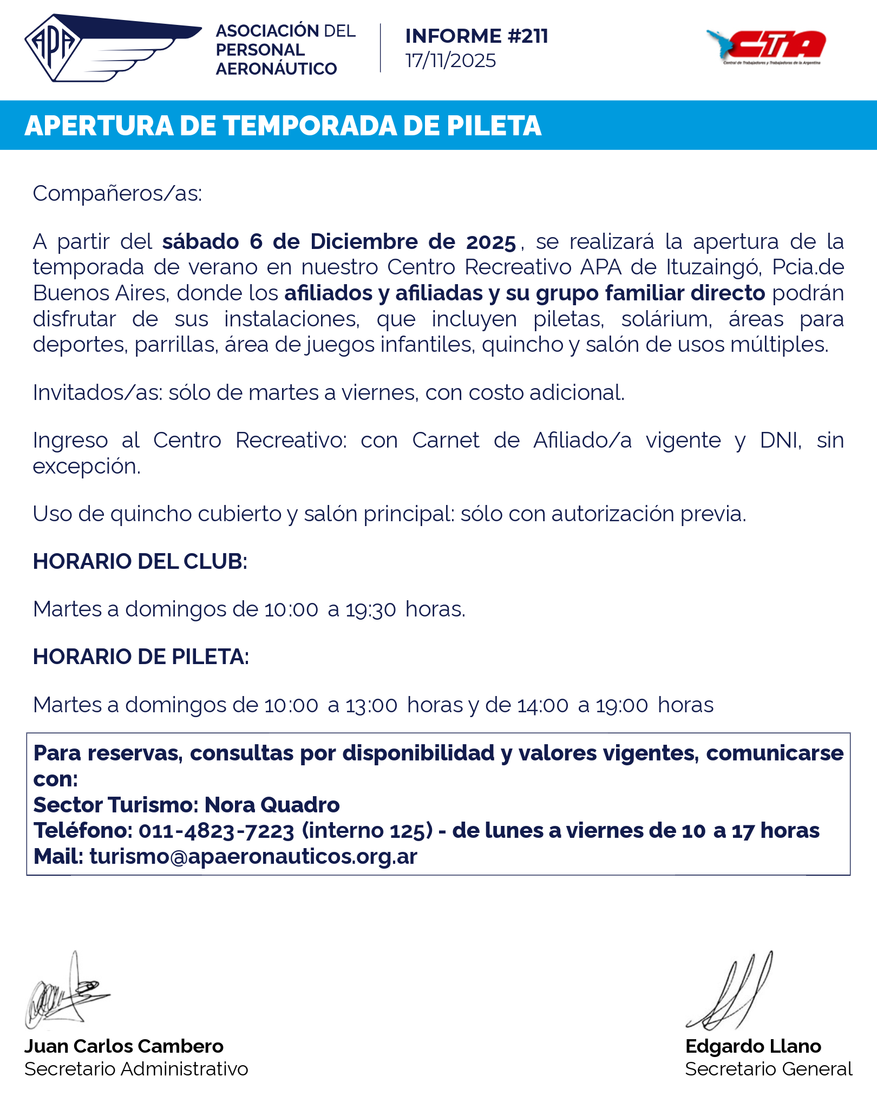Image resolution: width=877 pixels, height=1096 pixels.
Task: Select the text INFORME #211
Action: point(476,36)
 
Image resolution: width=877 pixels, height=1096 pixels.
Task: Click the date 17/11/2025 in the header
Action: point(450,61)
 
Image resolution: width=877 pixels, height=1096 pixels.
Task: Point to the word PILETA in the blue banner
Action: point(494,126)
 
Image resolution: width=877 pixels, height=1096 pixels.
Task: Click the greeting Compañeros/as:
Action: point(117,193)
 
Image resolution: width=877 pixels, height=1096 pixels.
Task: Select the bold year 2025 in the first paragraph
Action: point(491,242)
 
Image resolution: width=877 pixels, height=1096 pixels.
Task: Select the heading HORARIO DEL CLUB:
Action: point(140,561)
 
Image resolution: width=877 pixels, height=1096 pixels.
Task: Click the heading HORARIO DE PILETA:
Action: point(141,657)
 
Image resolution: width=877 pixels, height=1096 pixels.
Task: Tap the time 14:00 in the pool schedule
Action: point(543,705)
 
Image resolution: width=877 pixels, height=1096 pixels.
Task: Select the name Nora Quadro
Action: point(272,805)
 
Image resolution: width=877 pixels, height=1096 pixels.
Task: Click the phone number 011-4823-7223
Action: point(217,831)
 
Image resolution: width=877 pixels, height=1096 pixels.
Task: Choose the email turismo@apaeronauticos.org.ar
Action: point(253,857)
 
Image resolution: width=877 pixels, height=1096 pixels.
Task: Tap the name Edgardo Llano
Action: point(753,1046)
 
